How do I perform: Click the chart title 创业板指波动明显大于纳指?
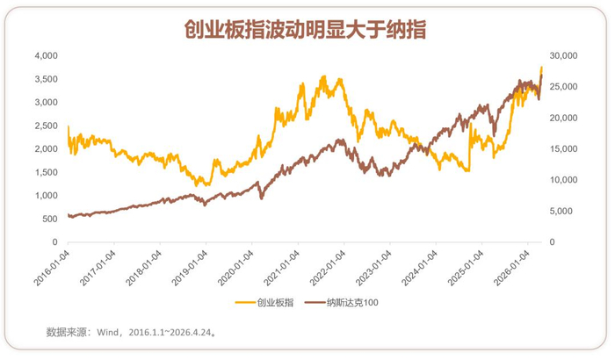tap(305, 29)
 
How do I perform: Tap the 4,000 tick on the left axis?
tap(47, 55)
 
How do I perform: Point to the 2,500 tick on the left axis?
tap(47, 126)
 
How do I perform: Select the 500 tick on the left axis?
tap(50, 219)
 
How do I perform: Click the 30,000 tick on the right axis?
tap(563, 55)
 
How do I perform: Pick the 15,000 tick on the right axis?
tap(563, 149)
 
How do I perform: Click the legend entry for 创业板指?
tap(264, 302)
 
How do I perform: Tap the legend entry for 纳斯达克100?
tap(342, 302)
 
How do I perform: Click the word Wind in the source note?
tap(107, 332)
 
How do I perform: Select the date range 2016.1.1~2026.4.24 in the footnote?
tap(170, 332)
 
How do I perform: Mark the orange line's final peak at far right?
tap(542, 67)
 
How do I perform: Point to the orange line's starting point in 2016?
tap(69, 126)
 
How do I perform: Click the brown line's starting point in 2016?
tap(69, 214)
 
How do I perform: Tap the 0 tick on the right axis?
tap(552, 242)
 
